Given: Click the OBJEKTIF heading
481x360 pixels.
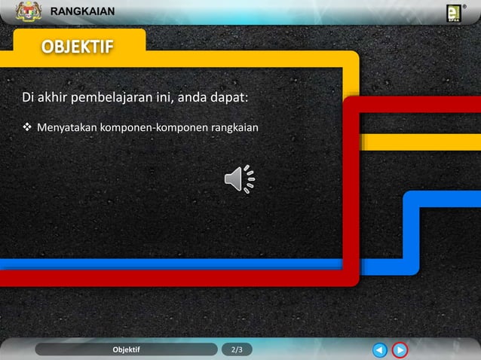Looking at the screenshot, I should (x=78, y=47).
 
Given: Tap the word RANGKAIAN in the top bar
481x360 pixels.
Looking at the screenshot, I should (x=82, y=11).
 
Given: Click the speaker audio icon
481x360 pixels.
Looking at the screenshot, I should (x=240, y=178).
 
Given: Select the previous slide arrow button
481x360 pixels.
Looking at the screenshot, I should (x=380, y=349).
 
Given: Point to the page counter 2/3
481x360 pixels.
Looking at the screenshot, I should (x=237, y=349).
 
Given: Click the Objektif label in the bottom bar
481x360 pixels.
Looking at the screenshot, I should (x=126, y=349).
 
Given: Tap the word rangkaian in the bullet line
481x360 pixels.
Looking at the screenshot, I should (x=234, y=127).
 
